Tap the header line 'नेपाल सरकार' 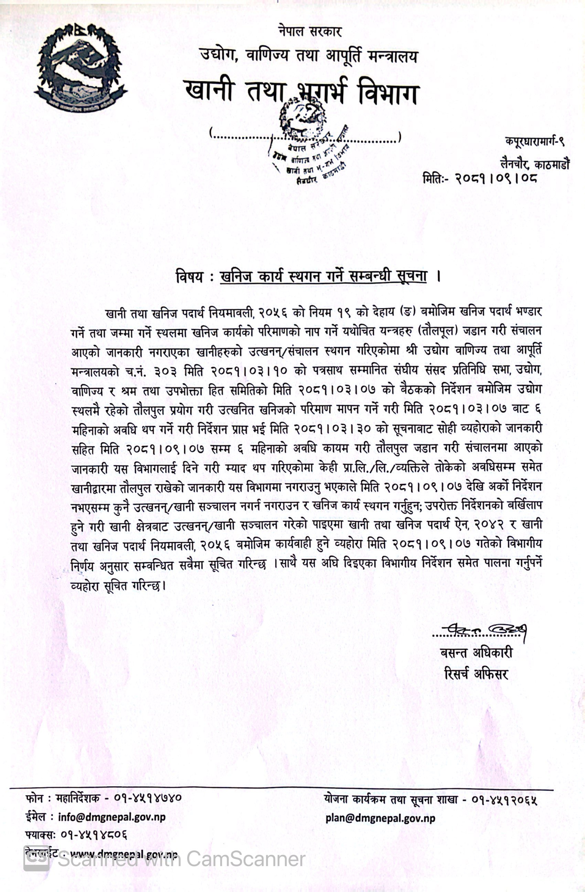click(x=310, y=31)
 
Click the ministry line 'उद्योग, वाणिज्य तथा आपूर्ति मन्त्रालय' click(x=309, y=56)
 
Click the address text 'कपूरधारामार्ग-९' click(x=534, y=142)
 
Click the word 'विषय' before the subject click(x=190, y=277)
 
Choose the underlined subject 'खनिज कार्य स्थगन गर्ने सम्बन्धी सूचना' click(x=323, y=276)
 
